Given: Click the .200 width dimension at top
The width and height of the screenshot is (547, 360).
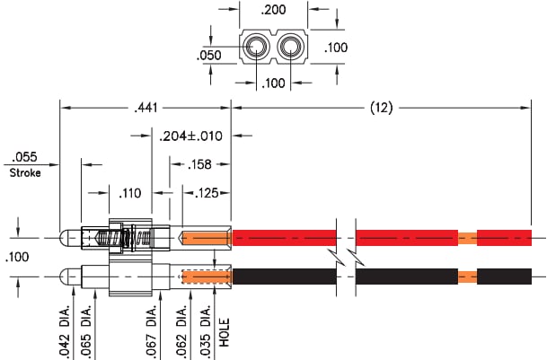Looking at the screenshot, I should (x=274, y=13).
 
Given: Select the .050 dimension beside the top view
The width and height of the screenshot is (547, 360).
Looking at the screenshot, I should (x=209, y=55).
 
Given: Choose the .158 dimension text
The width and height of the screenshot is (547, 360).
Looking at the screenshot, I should (x=202, y=165).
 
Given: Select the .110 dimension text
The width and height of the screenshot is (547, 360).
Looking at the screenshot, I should (x=131, y=192).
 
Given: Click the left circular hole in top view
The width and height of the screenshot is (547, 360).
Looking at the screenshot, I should (x=256, y=47).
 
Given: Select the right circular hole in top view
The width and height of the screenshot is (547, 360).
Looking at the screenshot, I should (x=292, y=47).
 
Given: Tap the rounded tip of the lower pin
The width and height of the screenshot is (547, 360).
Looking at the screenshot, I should (x=64, y=276).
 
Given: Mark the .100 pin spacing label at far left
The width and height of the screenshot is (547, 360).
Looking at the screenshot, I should (x=17, y=258).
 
